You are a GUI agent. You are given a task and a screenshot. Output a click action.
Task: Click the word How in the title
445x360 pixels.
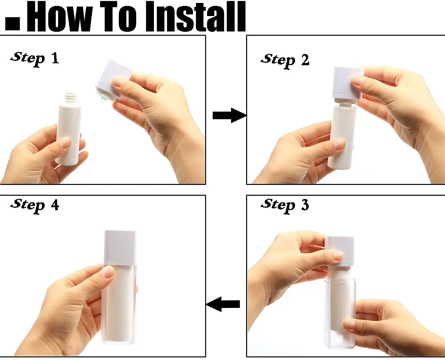pyautogui.click(x=60, y=16)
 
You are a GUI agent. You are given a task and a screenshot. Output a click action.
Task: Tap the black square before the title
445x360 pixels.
pyautogui.click(x=12, y=23)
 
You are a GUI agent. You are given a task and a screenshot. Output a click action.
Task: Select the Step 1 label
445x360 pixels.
pyautogui.click(x=35, y=59)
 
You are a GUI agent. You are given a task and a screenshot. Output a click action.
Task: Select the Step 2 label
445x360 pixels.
pyautogui.click(x=285, y=61)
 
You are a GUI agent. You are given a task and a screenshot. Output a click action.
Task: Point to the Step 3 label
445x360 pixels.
pyautogui.click(x=285, y=206)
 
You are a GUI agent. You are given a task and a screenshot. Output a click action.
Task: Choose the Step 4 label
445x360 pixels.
pyautogui.click(x=35, y=206)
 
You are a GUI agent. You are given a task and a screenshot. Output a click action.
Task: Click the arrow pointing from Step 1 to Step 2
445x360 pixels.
pyautogui.click(x=230, y=115)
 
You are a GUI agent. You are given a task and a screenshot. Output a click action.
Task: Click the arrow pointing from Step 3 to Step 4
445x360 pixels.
pyautogui.click(x=223, y=304)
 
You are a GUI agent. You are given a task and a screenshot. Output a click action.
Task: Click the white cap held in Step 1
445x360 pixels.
pyautogui.click(x=114, y=79)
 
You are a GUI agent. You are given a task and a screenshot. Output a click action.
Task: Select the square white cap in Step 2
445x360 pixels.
pyautogui.click(x=348, y=83)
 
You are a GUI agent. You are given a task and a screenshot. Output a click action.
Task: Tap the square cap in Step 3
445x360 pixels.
pyautogui.click(x=339, y=251)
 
